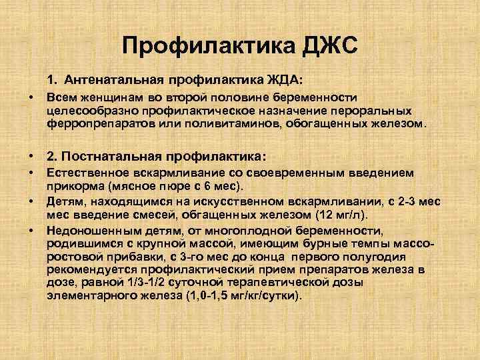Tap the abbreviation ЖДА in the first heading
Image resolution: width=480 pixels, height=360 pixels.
285,80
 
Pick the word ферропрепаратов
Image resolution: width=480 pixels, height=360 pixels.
94,123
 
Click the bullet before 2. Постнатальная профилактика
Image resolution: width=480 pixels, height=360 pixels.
31,157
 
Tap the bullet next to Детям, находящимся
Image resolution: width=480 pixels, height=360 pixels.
31,201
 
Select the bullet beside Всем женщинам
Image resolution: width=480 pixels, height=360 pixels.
31,97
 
